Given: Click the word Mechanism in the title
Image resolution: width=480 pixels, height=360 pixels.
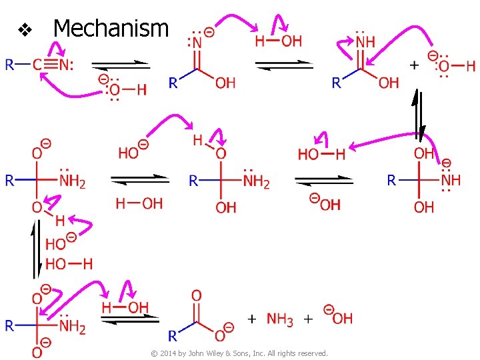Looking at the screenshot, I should (x=111, y=29).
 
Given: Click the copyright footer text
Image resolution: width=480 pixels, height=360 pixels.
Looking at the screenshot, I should (x=239, y=353).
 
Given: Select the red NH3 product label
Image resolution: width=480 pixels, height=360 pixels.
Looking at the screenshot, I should (x=279, y=319).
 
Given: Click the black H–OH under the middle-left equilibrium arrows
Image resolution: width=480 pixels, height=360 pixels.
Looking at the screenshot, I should (x=139, y=203).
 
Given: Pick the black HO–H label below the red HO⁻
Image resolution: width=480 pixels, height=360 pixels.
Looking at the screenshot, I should (x=69, y=264).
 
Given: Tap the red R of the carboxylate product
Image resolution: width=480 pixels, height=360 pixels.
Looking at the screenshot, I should (x=173, y=335).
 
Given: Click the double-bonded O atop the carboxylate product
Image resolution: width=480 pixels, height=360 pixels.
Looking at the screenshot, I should (x=196, y=295).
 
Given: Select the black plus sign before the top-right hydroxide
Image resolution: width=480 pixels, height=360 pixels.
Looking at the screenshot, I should (x=413, y=65).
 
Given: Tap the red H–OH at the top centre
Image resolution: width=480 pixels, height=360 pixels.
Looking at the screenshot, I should (x=279, y=41).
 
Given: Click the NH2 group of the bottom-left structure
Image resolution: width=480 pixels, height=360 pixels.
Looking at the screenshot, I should (x=72, y=326).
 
